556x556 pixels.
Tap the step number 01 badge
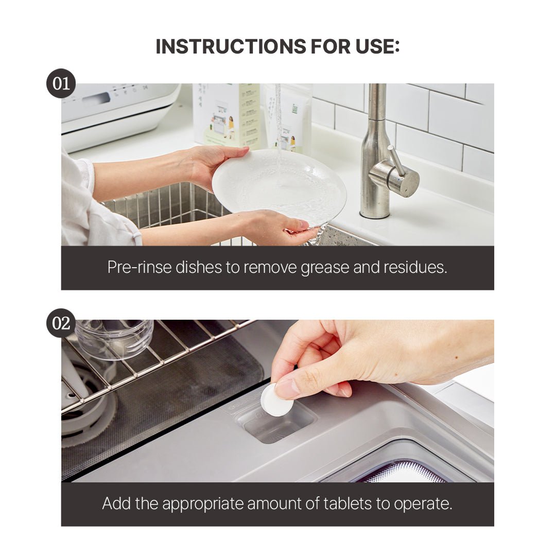point(61,83)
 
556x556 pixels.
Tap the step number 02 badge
point(61,323)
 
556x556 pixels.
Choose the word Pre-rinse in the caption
point(140,267)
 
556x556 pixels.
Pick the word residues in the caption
point(415,267)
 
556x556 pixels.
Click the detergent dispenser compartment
point(275,422)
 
